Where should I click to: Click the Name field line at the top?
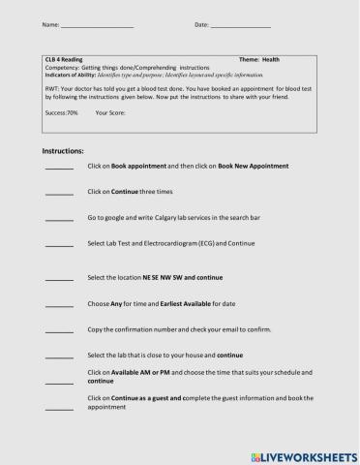[97, 23]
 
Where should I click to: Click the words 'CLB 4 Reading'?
[64, 60]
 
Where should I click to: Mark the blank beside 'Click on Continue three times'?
[59, 194]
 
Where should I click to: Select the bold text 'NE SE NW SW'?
[161, 277]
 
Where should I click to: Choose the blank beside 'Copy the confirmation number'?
[59, 331]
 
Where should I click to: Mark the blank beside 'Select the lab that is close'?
[59, 358]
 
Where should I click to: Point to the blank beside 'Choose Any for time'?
[59, 306]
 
